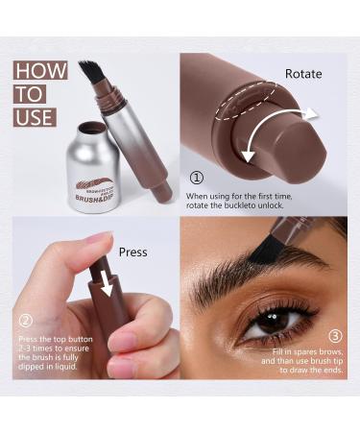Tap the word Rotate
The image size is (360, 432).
302,73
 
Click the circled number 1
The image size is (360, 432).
198,178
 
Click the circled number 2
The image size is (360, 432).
27,323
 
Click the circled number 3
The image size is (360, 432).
334,337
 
